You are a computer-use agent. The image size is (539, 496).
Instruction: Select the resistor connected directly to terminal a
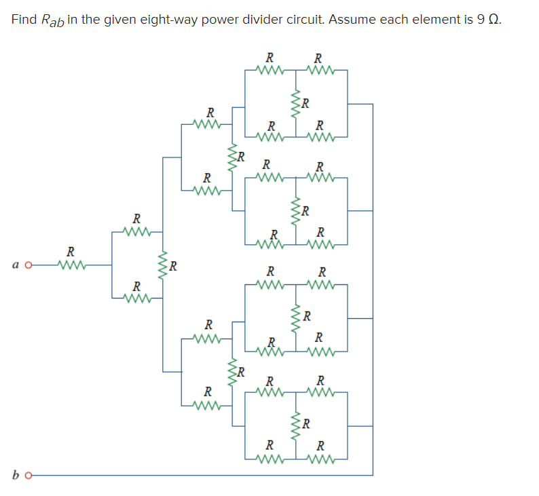click(71, 264)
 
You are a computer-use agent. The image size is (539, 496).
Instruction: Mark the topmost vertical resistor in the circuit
click(295, 104)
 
